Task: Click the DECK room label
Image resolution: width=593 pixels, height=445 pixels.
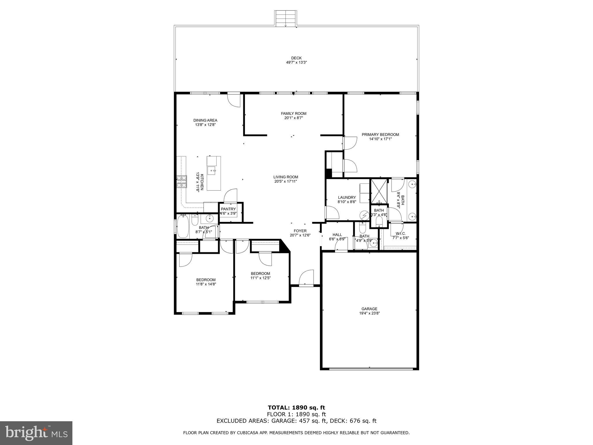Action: pyautogui.click(x=296, y=58)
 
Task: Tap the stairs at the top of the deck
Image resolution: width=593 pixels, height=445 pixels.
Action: pyautogui.click(x=285, y=19)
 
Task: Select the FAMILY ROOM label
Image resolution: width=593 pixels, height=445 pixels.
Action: pyautogui.click(x=293, y=114)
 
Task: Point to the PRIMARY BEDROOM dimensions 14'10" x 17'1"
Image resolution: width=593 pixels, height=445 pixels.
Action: pyautogui.click(x=380, y=139)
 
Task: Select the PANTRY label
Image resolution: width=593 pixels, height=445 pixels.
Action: pyautogui.click(x=228, y=209)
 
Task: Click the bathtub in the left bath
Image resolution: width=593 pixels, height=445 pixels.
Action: pyautogui.click(x=183, y=226)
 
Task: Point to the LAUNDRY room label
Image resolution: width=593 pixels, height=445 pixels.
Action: pyautogui.click(x=347, y=198)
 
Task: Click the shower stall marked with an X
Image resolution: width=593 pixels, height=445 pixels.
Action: pyautogui.click(x=379, y=191)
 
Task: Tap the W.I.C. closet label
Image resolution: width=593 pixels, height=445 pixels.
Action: pyautogui.click(x=400, y=234)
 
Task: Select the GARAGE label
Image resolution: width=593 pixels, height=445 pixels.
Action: pyautogui.click(x=369, y=309)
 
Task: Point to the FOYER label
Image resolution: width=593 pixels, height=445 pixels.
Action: pyautogui.click(x=300, y=231)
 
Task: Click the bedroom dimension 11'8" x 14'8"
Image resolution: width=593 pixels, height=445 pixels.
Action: pyautogui.click(x=206, y=284)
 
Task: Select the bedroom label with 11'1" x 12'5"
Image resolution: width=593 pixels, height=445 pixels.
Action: pyautogui.click(x=260, y=273)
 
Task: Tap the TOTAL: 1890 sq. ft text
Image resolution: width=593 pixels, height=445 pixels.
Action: pyautogui.click(x=296, y=408)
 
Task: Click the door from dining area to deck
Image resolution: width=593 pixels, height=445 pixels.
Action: pyautogui.click(x=234, y=100)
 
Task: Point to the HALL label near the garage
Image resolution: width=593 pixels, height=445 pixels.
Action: pyautogui.click(x=337, y=235)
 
